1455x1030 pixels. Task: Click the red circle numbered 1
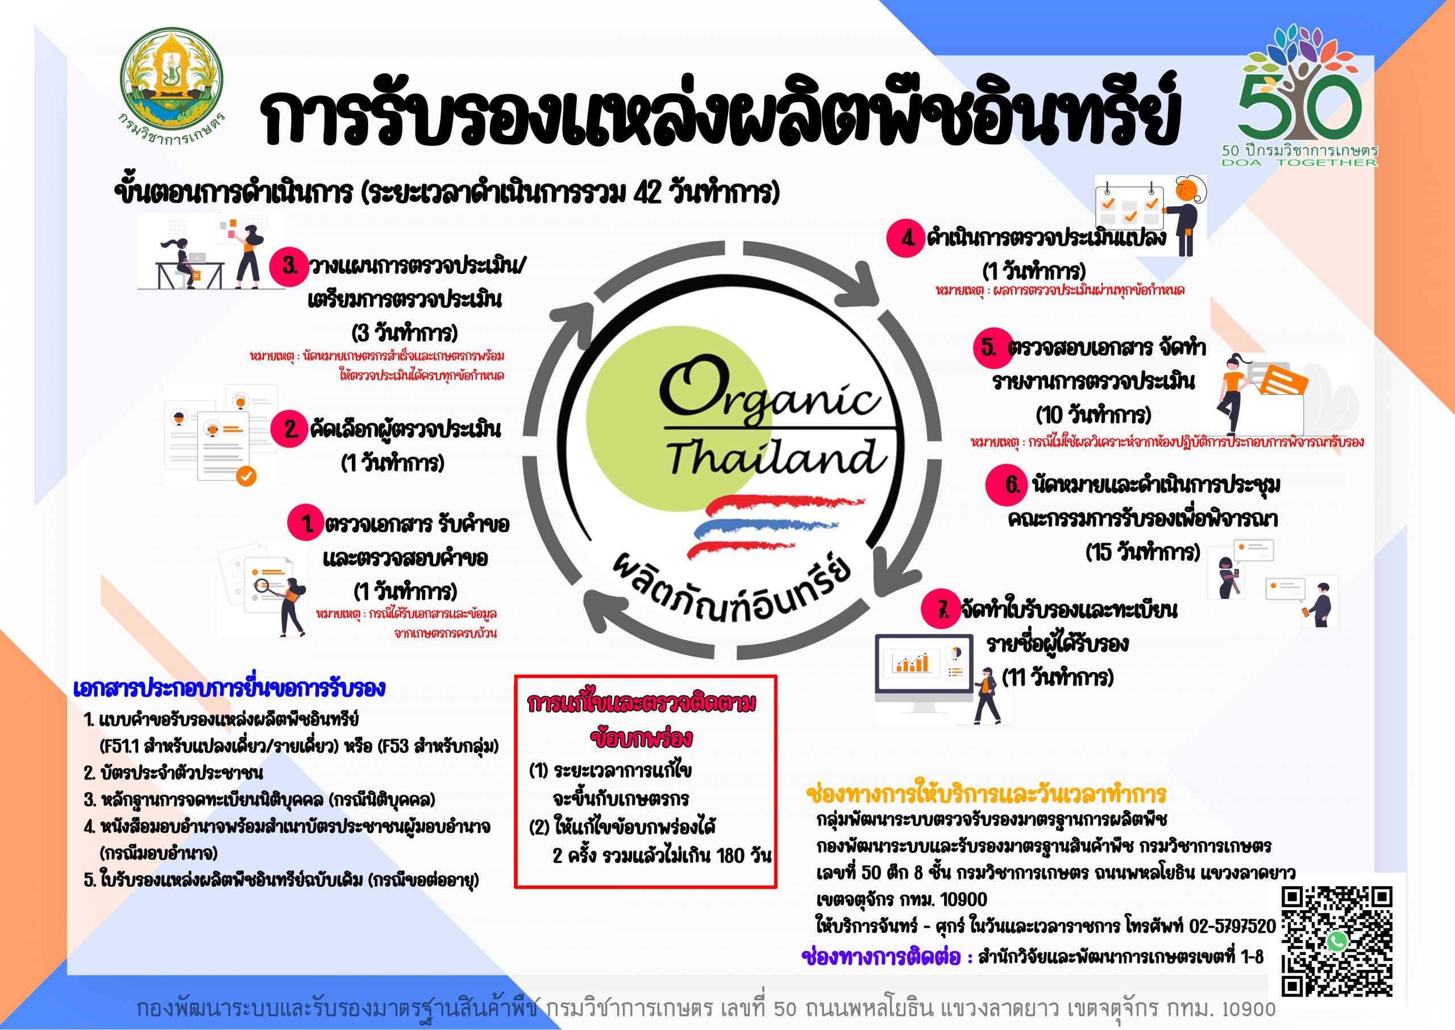coord(306,523)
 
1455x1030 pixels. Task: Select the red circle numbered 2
coord(289,429)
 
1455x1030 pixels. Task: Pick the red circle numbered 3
coord(289,266)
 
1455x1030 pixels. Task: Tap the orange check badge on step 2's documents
coord(246,476)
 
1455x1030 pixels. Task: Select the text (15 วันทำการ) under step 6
coord(1143,552)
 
